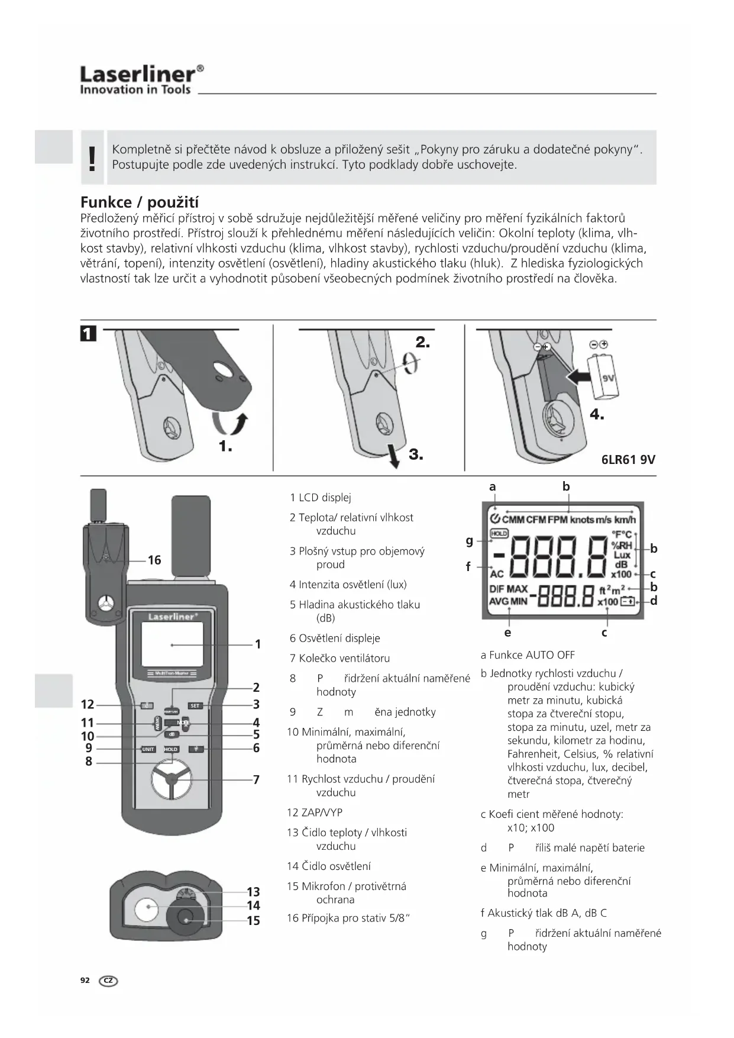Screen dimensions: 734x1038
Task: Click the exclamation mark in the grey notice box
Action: tap(92, 158)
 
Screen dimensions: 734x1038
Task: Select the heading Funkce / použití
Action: tap(139, 202)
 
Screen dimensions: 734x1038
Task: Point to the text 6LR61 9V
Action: tap(628, 459)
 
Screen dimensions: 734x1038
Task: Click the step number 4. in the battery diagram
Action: tap(597, 415)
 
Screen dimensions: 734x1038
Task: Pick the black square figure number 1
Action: tap(88, 334)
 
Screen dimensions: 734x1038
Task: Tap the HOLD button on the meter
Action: tap(171, 749)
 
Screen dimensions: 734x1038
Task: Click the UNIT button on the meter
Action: tap(148, 749)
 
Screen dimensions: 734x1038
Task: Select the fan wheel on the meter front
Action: tap(172, 781)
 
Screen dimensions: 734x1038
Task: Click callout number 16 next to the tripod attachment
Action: tap(154, 560)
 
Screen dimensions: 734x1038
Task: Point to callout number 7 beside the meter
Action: tap(256, 780)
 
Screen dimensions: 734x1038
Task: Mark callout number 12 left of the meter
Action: tap(88, 704)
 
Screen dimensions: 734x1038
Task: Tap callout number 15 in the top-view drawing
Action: tap(253, 921)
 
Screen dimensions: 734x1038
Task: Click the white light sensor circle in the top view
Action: tap(146, 908)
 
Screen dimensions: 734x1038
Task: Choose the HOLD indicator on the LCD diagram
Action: tap(499, 533)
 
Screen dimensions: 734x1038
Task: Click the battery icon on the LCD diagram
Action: tap(627, 602)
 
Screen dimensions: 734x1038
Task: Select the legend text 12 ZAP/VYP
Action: tap(315, 813)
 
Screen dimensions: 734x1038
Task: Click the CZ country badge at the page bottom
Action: tap(109, 981)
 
